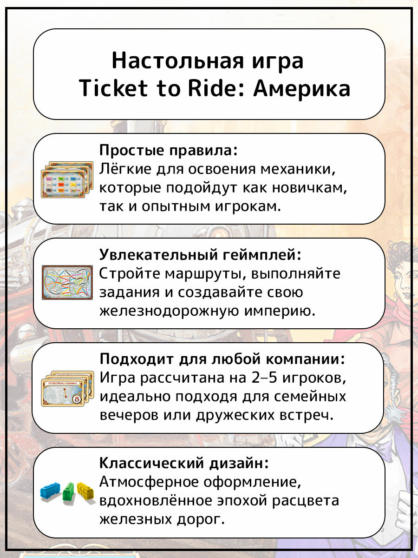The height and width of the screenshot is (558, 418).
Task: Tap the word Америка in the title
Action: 301,88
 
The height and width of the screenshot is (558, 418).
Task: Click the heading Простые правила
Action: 169,151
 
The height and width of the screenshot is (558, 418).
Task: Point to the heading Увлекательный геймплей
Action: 200,255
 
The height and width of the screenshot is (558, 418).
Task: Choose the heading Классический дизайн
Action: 184,464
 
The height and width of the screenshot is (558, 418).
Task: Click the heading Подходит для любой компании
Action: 222,359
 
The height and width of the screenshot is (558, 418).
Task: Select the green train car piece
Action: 69,492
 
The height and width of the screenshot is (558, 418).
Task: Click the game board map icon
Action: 68,283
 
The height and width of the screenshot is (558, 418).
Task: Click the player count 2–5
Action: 270,379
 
